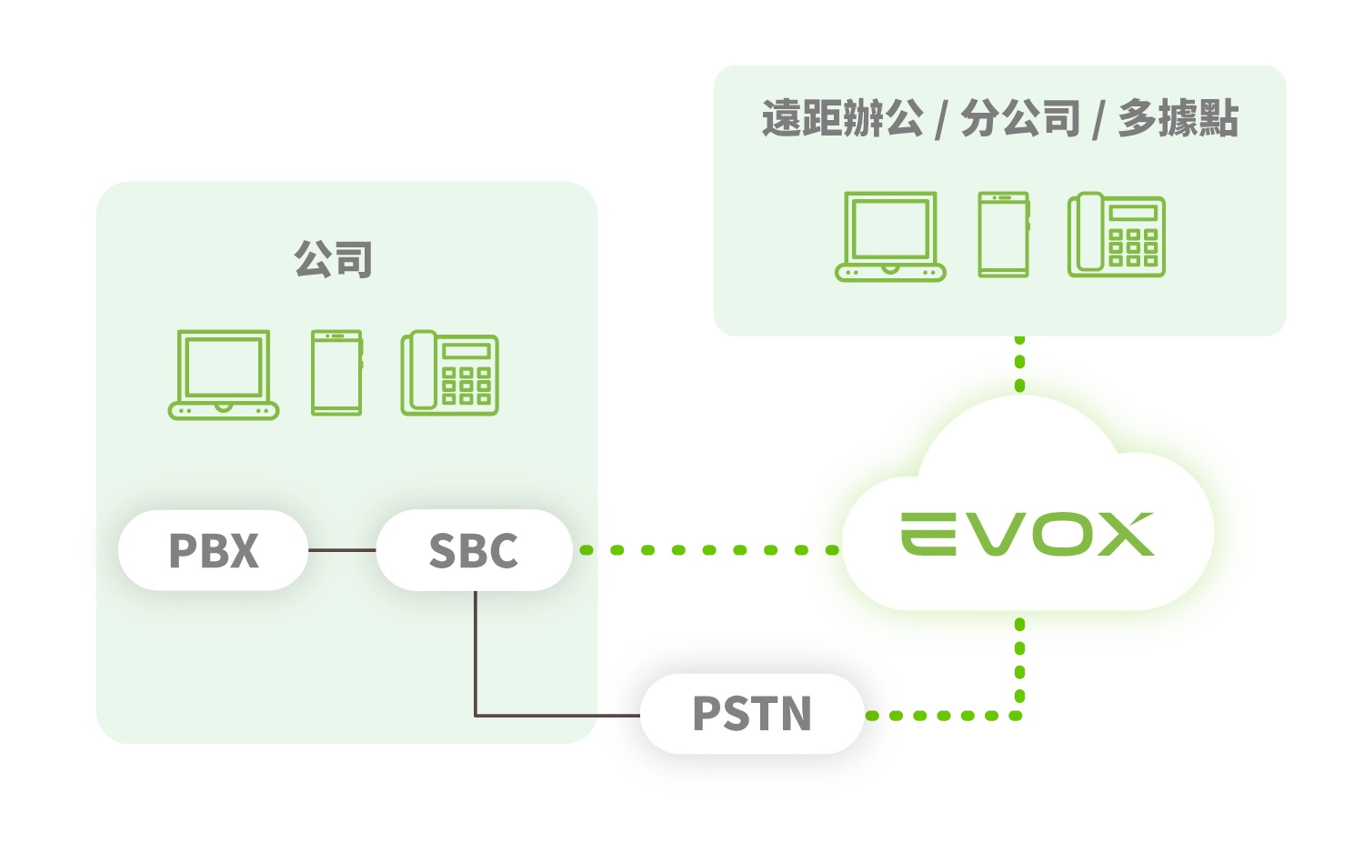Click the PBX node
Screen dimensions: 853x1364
tap(213, 550)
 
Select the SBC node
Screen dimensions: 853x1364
tap(474, 550)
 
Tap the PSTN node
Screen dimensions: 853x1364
tap(752, 714)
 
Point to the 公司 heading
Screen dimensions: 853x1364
tap(333, 259)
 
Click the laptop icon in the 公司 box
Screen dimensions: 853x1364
tap(224, 374)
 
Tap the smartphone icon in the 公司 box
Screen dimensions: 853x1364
tap(336, 373)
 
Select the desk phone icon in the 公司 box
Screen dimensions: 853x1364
tap(449, 373)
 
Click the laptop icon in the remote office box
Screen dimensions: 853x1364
tap(890, 236)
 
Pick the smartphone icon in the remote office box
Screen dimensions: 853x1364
tap(1003, 235)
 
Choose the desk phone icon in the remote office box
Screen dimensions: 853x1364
tap(1116, 235)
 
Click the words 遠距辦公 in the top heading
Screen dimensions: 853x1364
tap(842, 119)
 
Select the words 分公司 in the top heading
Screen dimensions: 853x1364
tap(1020, 119)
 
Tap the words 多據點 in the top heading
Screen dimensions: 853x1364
tap(1178, 119)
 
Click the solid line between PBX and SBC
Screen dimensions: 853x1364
tap(342, 550)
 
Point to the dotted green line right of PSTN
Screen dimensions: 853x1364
tap(946, 716)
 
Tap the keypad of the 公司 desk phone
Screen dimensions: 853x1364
tap(466, 385)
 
